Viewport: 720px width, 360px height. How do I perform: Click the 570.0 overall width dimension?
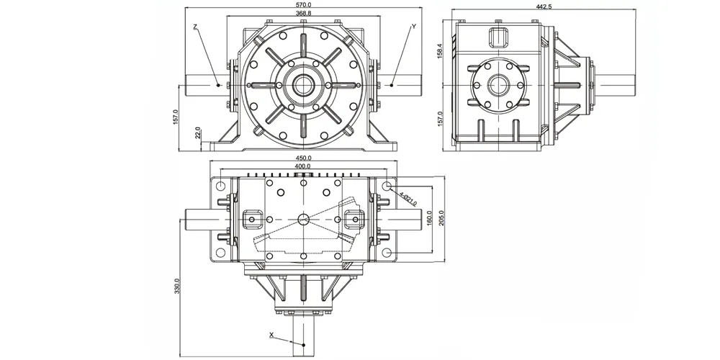click(x=304, y=4)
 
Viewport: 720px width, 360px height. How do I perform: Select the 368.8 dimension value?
click(x=304, y=13)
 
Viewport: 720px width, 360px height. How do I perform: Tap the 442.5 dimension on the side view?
click(x=544, y=6)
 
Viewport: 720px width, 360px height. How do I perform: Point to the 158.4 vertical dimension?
click(x=439, y=51)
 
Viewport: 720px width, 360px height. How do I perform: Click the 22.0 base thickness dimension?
click(x=198, y=132)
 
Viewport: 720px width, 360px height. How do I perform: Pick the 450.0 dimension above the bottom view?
click(x=304, y=158)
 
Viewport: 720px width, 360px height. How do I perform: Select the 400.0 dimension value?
click(x=303, y=166)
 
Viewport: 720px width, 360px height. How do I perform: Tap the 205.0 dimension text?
click(x=442, y=219)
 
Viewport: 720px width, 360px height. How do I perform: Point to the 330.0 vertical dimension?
click(x=177, y=286)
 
